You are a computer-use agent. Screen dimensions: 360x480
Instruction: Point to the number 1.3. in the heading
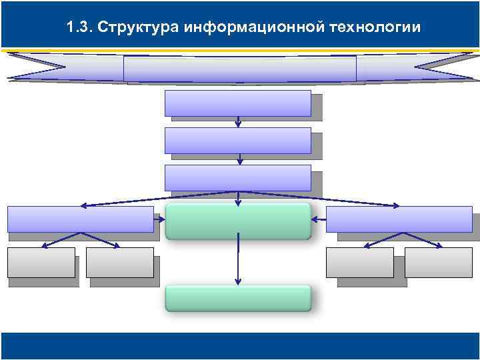81,27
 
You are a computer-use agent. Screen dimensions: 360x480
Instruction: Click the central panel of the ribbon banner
240,68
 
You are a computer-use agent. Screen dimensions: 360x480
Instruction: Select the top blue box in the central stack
237,103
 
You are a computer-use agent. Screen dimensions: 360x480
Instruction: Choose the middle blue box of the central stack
237,140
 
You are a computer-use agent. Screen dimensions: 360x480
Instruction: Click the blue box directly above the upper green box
237,177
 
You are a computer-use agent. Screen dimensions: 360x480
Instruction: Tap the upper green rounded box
238,221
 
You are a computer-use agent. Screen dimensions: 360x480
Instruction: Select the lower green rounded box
238,298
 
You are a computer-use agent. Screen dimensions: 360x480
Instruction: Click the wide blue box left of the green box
80,219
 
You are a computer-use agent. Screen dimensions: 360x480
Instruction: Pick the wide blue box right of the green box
399,219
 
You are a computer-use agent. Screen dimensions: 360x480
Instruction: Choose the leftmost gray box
41,262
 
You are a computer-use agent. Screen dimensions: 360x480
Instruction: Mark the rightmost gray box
438,262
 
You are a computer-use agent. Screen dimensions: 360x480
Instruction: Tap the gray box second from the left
119,262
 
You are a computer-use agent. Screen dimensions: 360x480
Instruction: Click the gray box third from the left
359,262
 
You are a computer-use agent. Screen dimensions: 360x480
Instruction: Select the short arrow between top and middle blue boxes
238,121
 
